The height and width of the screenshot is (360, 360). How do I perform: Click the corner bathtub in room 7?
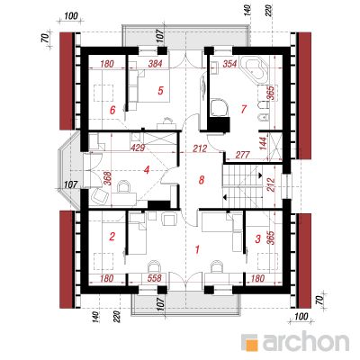(256, 69)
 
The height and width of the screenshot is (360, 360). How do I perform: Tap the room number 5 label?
(161, 90)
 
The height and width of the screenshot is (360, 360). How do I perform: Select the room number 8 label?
(202, 180)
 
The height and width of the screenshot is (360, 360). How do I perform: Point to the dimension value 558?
(155, 278)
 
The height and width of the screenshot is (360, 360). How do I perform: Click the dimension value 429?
(138, 148)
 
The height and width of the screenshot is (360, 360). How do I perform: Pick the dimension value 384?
(155, 63)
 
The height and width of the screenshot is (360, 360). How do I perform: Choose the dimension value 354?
(230, 63)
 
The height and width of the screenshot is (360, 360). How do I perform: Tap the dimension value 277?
(243, 155)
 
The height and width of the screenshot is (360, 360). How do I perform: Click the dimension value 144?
(263, 144)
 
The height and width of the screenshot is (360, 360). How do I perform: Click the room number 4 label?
(147, 170)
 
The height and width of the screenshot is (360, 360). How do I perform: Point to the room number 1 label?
(197, 249)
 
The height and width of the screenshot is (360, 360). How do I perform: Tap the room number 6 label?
(112, 111)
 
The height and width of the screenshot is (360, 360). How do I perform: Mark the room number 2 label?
(112, 237)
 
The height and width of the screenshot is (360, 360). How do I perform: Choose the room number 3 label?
(257, 238)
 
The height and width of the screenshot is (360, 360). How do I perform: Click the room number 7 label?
(243, 109)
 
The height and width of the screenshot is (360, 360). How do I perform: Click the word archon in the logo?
(306, 342)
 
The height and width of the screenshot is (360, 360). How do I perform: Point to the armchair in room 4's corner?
(100, 195)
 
